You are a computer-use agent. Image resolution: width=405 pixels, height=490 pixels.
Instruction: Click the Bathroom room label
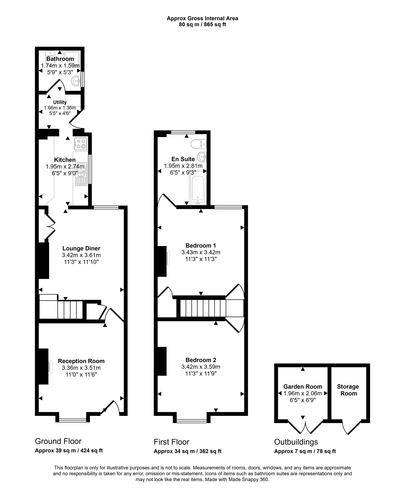60,59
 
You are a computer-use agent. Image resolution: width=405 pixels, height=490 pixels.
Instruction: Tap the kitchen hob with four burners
81,144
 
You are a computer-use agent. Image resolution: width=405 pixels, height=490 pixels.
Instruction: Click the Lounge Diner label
81,248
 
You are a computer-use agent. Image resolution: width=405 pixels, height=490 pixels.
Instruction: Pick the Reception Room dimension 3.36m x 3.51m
81,368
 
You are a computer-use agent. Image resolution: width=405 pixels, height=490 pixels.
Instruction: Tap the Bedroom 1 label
201,246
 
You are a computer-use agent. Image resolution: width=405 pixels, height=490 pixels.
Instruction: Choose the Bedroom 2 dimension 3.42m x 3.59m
201,367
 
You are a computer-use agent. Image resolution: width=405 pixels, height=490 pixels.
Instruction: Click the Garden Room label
303,387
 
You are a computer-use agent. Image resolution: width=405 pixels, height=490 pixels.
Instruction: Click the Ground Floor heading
58,441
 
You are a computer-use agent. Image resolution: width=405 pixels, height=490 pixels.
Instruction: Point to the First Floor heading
172,442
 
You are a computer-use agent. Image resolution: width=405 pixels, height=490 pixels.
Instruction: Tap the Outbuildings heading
296,442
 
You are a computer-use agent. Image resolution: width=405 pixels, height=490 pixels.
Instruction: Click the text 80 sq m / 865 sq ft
202,25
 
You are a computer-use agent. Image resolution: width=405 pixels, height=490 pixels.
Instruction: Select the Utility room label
60,102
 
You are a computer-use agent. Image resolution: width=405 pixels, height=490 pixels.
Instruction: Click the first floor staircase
203,308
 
